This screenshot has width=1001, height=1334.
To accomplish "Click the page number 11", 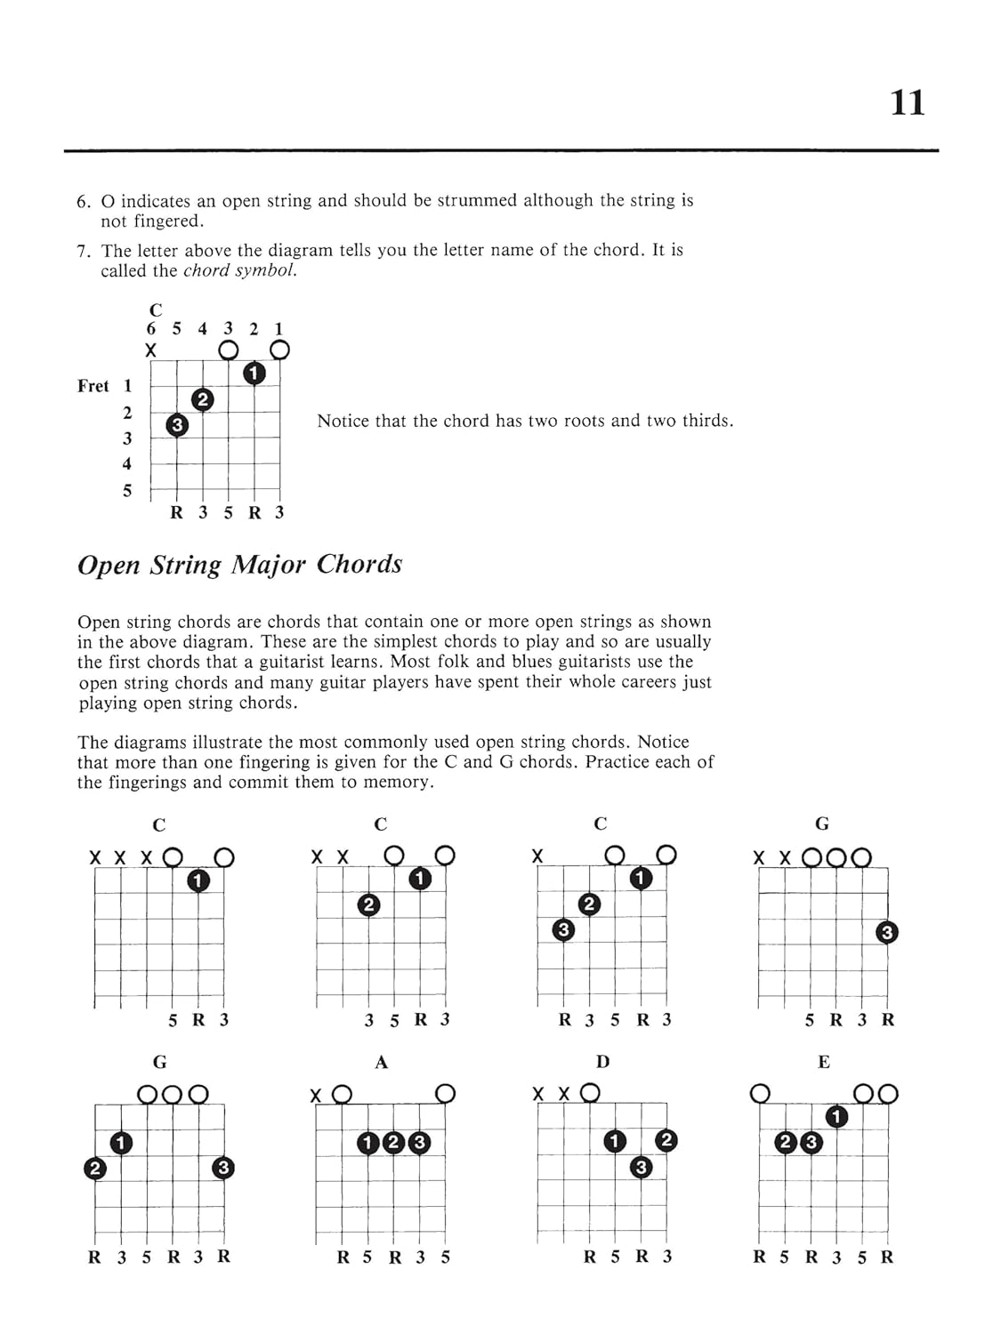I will pyautogui.click(x=908, y=103).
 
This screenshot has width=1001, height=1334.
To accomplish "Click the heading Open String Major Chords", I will pyautogui.click(x=240, y=565).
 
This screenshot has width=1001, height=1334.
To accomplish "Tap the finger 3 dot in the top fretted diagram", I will pyautogui.click(x=177, y=426).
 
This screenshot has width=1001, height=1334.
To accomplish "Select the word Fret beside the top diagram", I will pyautogui.click(x=93, y=386).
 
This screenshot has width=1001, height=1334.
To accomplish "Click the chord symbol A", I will pyautogui.click(x=382, y=1062).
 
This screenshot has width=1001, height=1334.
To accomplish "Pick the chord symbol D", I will pyautogui.click(x=602, y=1062).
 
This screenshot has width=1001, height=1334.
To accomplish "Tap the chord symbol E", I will pyautogui.click(x=823, y=1062).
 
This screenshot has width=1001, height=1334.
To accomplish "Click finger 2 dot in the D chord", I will pyautogui.click(x=666, y=1141).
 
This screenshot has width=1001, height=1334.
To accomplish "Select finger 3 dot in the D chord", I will pyautogui.click(x=641, y=1167).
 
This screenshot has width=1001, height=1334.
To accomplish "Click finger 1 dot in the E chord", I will pyautogui.click(x=836, y=1116).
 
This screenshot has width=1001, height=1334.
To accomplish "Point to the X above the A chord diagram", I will pyautogui.click(x=316, y=1096).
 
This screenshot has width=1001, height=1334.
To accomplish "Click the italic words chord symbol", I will pyautogui.click(x=239, y=271).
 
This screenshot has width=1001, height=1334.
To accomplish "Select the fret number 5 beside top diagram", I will pyautogui.click(x=127, y=491).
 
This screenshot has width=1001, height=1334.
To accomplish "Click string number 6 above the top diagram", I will pyautogui.click(x=151, y=329).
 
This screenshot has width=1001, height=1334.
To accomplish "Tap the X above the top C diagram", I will pyautogui.click(x=151, y=351).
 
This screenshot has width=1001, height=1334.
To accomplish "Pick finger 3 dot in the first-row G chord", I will pyautogui.click(x=886, y=932).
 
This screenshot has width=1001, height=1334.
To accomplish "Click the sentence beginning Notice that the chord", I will pyautogui.click(x=525, y=421).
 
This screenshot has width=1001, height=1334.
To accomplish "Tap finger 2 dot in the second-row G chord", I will pyautogui.click(x=94, y=1168).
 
